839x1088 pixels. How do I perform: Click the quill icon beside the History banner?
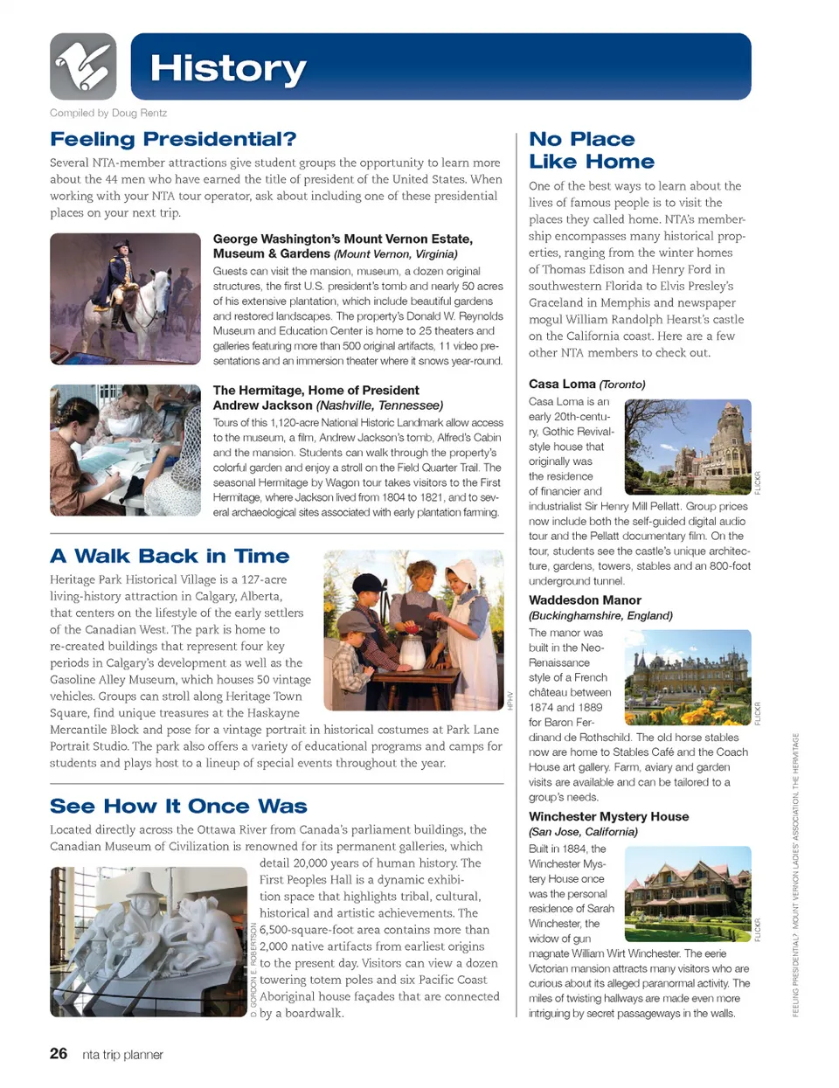[x=83, y=66]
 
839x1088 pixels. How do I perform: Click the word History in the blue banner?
[x=228, y=68]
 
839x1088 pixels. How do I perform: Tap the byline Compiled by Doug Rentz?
[x=108, y=113]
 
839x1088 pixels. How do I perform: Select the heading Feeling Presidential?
[x=173, y=139]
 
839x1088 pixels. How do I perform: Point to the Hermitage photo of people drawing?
[x=125, y=450]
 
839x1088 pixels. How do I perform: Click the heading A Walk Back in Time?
[x=170, y=556]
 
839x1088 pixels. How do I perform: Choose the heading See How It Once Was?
[x=178, y=806]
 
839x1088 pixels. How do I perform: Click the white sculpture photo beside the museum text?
[x=149, y=941]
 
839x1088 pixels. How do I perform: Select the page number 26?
[x=59, y=1054]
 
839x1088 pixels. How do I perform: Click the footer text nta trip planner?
[x=122, y=1055]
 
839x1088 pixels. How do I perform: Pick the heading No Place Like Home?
[x=591, y=150]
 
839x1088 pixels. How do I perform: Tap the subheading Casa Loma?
[x=562, y=384]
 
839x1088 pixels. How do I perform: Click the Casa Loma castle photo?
[x=688, y=447]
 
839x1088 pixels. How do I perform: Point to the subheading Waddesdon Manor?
[x=585, y=600]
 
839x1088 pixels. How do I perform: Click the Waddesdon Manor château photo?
[x=688, y=671]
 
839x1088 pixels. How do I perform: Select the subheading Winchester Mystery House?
[x=608, y=816]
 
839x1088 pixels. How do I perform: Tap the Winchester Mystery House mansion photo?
[x=688, y=892]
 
